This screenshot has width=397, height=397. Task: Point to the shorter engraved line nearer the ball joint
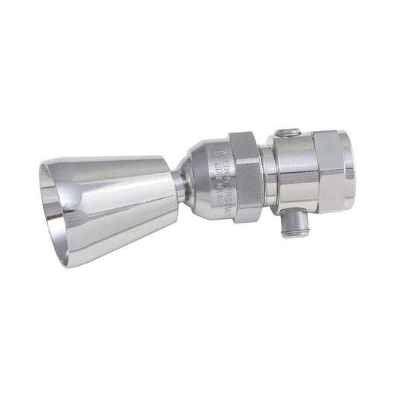(x=212, y=177)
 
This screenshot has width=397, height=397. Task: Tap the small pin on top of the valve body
(x=287, y=134)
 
